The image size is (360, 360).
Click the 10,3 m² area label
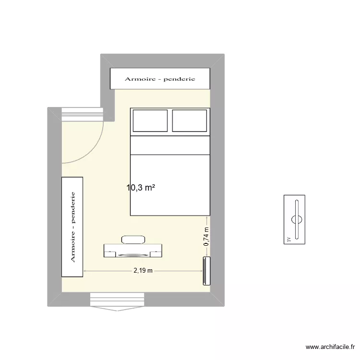click(x=141, y=188)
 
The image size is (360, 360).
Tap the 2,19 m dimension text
click(x=143, y=271)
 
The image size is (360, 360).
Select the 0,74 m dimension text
click(x=206, y=237)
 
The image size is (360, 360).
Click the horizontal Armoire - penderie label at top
click(x=160, y=79)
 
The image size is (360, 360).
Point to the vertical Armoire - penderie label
click(x=73, y=227)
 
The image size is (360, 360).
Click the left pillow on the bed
click(x=150, y=120)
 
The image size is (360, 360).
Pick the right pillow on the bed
click(x=189, y=120)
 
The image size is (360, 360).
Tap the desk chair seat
click(x=133, y=240)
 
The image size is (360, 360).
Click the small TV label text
click(x=288, y=239)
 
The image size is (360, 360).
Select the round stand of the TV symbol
click(x=297, y=219)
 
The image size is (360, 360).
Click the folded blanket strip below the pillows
click(x=170, y=145)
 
